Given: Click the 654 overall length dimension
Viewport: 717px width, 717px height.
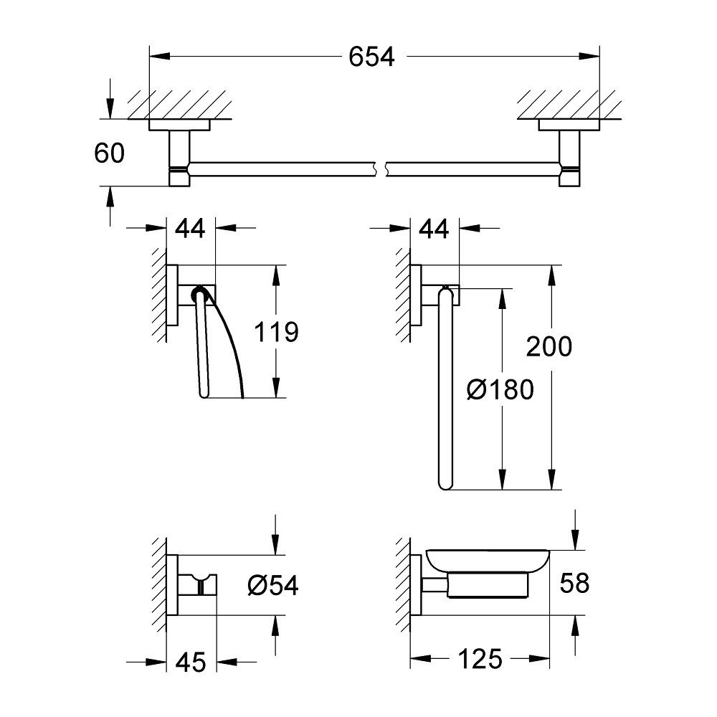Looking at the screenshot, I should click(x=372, y=57).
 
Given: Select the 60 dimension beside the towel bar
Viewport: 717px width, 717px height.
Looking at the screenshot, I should click(x=109, y=153).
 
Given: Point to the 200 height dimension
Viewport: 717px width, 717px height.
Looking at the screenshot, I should click(x=549, y=346).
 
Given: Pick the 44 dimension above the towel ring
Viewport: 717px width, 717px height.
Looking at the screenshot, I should click(x=434, y=229).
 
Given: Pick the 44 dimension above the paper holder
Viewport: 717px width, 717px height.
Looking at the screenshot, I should click(x=190, y=229).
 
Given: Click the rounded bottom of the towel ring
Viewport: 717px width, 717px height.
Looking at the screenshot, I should click(x=442, y=485).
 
